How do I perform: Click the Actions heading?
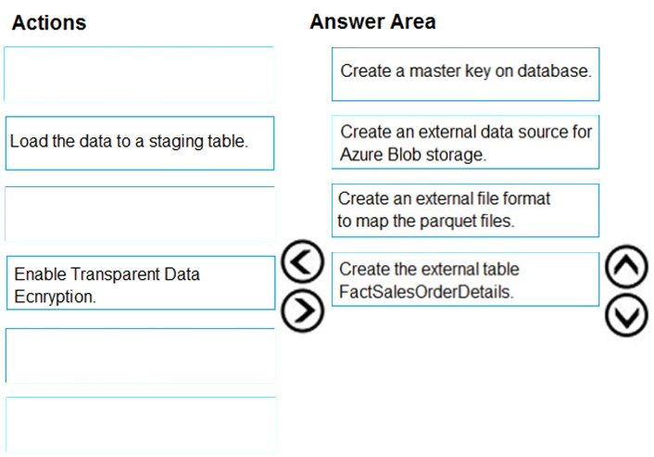(49, 22)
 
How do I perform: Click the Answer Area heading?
(372, 21)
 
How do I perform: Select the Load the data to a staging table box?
(140, 143)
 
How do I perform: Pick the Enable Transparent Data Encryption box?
(141, 283)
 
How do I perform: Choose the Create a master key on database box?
(465, 74)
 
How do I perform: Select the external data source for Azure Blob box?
(465, 143)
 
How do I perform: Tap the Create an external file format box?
(465, 210)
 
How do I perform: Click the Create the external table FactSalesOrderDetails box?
(465, 279)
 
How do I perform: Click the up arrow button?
(626, 267)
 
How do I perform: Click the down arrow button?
(626, 315)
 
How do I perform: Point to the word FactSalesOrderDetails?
(426, 292)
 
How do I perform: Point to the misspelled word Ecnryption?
(55, 297)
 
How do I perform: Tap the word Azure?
(361, 155)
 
